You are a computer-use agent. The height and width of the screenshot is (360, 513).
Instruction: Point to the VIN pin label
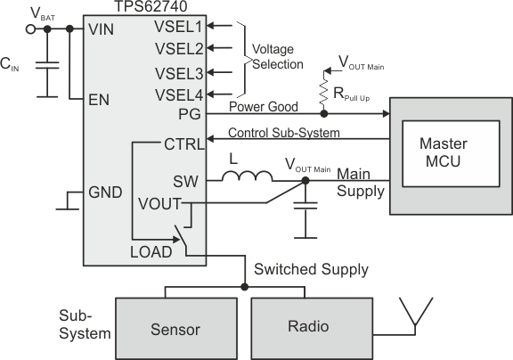click(x=104, y=29)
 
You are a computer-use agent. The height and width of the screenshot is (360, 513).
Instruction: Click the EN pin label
click(x=100, y=100)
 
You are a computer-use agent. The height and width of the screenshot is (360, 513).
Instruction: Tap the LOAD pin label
click(x=151, y=252)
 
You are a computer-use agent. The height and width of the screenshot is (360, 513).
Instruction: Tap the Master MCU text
click(x=436, y=153)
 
